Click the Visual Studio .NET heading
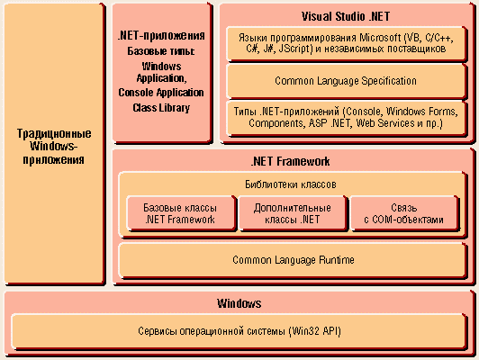(x=346, y=16)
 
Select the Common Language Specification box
(x=347, y=81)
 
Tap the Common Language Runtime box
(x=293, y=260)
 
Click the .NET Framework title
(x=290, y=161)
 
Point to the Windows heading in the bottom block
(x=239, y=303)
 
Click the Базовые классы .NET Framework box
(x=181, y=213)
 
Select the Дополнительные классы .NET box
(x=293, y=213)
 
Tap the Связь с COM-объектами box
(x=404, y=213)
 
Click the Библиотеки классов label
(x=291, y=184)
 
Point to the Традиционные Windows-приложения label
(x=54, y=147)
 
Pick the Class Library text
(x=161, y=108)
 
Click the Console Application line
(x=161, y=93)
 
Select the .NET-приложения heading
(x=161, y=35)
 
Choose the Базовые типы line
(x=161, y=51)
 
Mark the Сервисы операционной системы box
(x=239, y=331)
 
